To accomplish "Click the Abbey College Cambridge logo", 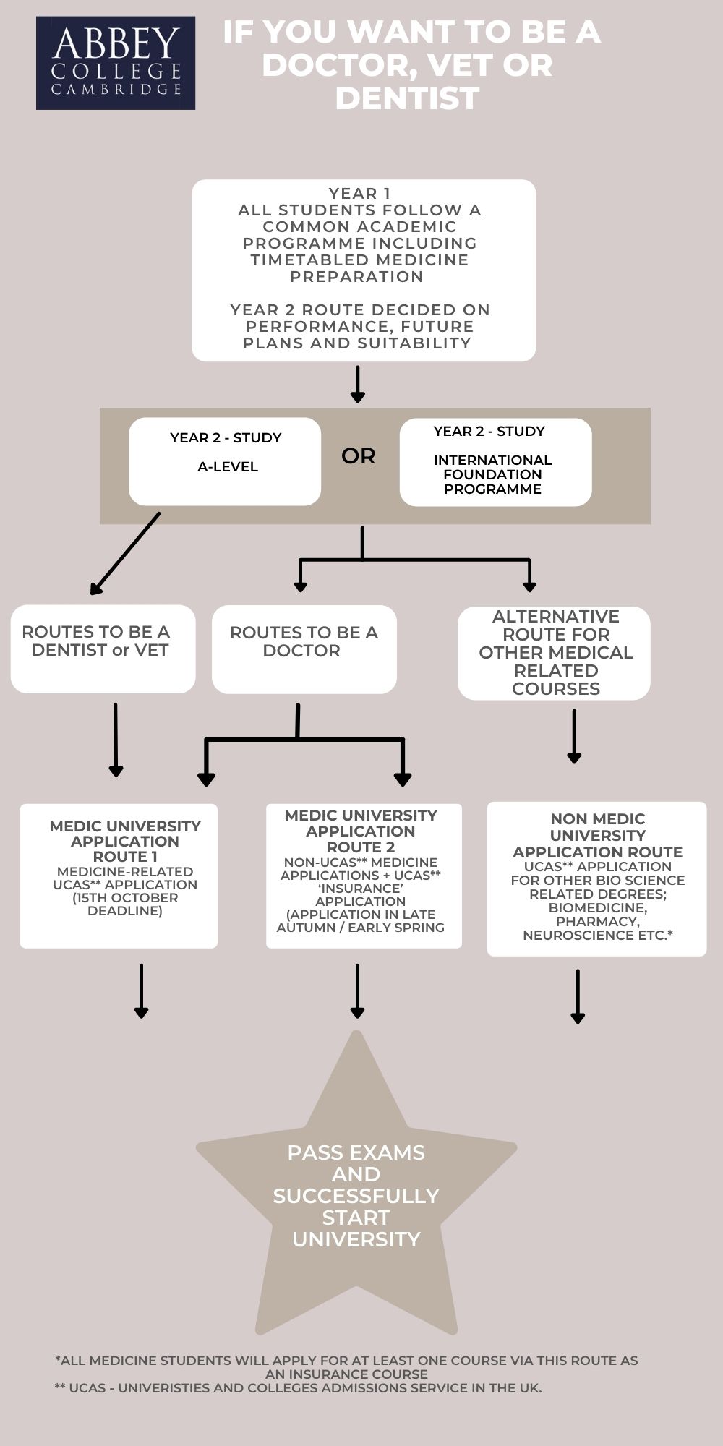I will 116,63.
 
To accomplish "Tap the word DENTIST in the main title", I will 407,98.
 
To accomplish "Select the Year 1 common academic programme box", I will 363,270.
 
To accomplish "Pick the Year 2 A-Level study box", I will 225,461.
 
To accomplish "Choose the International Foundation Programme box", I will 495,462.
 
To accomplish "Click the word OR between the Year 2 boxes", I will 359,456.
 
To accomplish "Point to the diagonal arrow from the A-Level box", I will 124,554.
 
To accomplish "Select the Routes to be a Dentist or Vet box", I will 103,649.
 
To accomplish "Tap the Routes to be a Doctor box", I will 304,649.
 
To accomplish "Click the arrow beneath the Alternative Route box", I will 574,736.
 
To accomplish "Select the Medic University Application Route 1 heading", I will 125,841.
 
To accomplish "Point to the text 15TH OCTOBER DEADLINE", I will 125,904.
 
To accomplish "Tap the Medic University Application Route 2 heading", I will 361,831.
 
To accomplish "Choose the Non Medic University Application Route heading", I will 597,835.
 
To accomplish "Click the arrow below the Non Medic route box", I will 578,996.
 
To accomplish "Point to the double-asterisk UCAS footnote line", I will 298,1387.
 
